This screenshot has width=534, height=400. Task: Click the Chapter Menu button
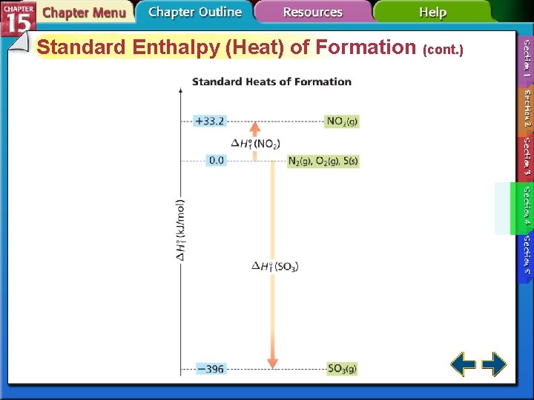pyautogui.click(x=83, y=13)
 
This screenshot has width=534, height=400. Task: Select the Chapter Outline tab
pyautogui.click(x=194, y=12)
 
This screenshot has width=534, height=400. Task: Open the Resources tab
pyautogui.click(x=312, y=13)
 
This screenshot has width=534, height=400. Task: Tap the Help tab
pyautogui.click(x=432, y=13)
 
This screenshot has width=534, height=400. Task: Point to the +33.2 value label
pyautogui.click(x=209, y=120)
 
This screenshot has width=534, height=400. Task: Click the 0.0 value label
pyautogui.click(x=216, y=159)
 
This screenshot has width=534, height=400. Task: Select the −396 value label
pyautogui.click(x=210, y=368)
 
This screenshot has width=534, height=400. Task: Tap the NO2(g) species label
pyautogui.click(x=342, y=120)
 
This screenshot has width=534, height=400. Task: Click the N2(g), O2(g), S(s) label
pyautogui.click(x=323, y=161)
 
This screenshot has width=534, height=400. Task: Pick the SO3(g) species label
pyautogui.click(x=342, y=368)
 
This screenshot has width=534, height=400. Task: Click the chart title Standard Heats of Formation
pyautogui.click(x=271, y=81)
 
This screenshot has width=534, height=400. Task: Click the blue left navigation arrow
pyautogui.click(x=463, y=364)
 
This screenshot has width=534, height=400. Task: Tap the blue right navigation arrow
pyautogui.click(x=494, y=364)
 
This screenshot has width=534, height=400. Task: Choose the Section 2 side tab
pyautogui.click(x=527, y=107)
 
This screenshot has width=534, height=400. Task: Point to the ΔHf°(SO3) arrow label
pyautogui.click(x=274, y=267)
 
